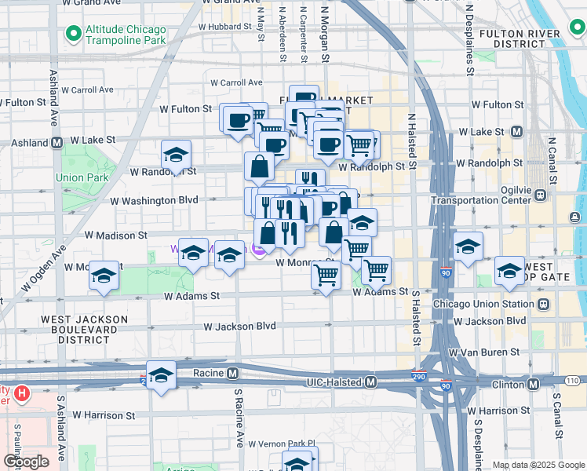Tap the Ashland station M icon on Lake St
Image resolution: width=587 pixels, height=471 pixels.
(x=57, y=144)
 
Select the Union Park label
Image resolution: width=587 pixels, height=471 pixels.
(x=86, y=177)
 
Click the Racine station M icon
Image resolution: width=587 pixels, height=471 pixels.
(x=232, y=373)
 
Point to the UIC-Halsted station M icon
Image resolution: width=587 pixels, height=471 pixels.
(x=371, y=382)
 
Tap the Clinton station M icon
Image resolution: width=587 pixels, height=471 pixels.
(x=533, y=384)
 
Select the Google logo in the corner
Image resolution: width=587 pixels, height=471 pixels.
(x=27, y=462)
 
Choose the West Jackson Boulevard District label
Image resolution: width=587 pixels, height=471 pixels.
(x=84, y=330)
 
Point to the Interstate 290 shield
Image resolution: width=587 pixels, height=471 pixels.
(x=420, y=378)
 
